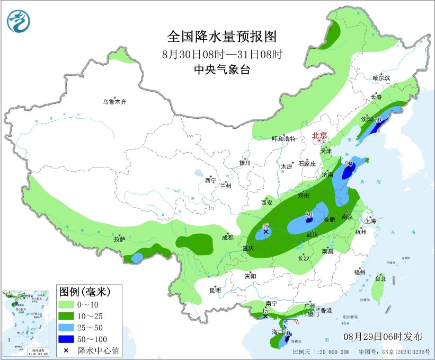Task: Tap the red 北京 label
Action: click(x=319, y=135)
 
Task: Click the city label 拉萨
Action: click(x=120, y=239)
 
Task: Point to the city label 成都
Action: click(x=228, y=237)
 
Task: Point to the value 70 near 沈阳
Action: click(x=378, y=120)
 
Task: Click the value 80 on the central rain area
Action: click(x=309, y=215)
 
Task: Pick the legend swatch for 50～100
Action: click(x=66, y=339)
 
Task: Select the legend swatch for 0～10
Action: click(x=66, y=304)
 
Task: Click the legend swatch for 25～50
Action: click(x=66, y=327)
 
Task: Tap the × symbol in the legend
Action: click(x=66, y=350)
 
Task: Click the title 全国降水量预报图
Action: click(x=222, y=37)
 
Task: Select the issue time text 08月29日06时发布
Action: click(x=383, y=337)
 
